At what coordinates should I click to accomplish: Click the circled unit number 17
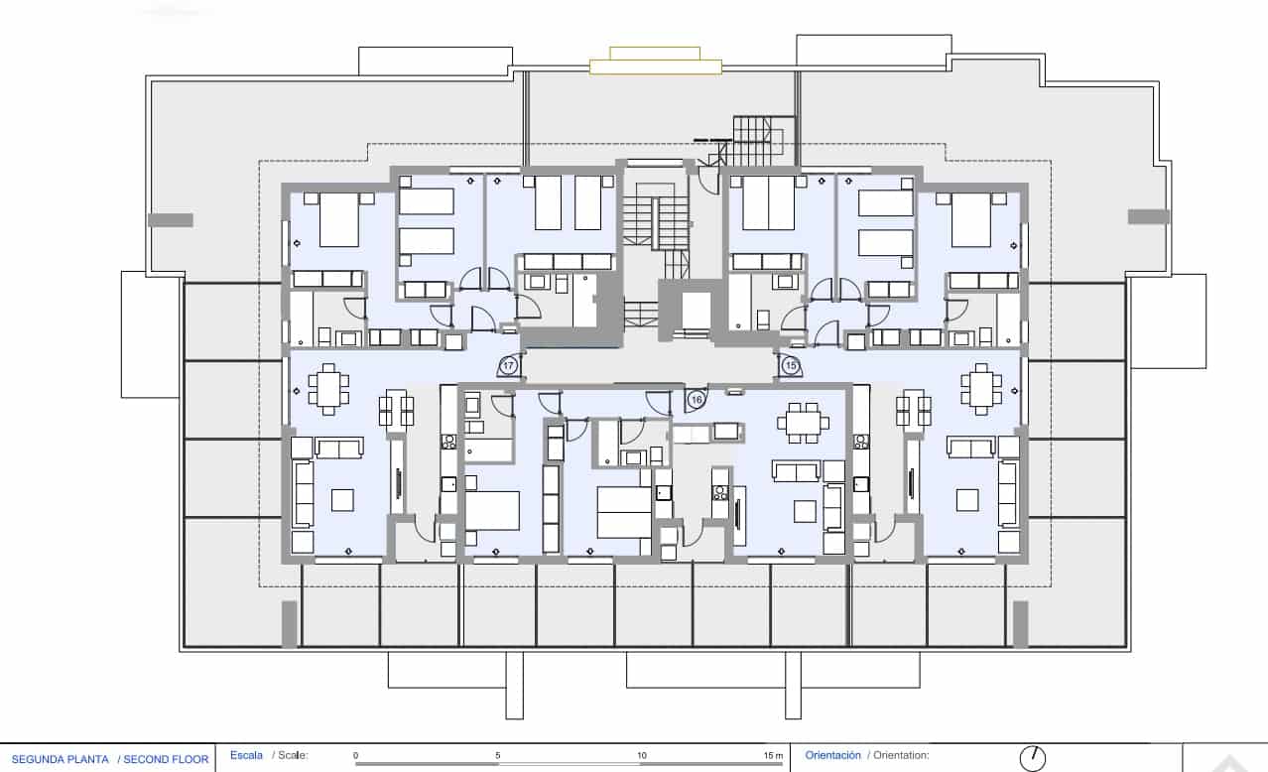point(509,366)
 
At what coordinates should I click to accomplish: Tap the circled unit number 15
point(791,366)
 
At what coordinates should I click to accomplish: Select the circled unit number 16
point(697,399)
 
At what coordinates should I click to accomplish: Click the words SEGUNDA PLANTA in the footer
point(61,759)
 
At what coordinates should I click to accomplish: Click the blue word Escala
point(246,755)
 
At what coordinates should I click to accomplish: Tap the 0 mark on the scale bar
point(355,756)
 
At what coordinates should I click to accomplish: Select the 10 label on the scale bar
point(642,756)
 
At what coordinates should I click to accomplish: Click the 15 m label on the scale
point(774,756)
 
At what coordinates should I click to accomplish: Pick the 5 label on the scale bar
point(498,756)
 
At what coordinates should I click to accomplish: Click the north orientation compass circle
point(1033,758)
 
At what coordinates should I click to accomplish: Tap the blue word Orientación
point(833,755)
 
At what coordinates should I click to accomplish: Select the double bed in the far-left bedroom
point(338,219)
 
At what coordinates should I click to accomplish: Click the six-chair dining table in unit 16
point(803,421)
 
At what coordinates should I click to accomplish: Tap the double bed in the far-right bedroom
point(971,219)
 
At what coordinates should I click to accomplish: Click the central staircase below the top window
point(654,222)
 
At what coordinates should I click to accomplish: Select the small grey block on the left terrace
point(170,219)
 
